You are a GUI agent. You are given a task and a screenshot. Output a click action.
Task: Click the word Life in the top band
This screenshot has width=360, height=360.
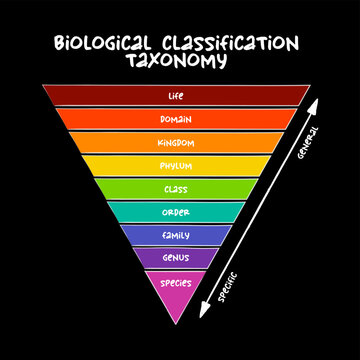coord(176,97)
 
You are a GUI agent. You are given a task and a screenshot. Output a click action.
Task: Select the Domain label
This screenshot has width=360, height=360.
coord(176,120)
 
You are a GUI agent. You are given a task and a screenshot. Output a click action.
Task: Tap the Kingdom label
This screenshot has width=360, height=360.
coord(176,142)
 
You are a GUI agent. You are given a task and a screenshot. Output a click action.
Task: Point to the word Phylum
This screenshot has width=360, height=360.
coord(176,165)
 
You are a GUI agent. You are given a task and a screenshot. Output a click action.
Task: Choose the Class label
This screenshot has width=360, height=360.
coord(176,188)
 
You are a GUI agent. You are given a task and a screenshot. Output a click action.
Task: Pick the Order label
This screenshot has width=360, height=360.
coord(176,211)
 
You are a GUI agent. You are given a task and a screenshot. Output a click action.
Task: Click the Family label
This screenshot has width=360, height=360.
coord(176,235)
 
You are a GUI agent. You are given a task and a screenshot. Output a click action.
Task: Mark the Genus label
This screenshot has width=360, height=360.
coord(176,258)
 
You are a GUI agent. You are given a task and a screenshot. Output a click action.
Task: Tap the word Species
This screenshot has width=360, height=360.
coord(176,282)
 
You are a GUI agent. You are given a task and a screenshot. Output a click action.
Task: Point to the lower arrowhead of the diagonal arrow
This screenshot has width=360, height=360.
coord(204,312)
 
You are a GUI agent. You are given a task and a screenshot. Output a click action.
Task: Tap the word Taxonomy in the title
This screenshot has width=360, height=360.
coord(176,60)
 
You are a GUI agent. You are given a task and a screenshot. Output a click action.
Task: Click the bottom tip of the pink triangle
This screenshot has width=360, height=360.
coord(176,322)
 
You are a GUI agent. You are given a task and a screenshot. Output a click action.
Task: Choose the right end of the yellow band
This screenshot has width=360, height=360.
coord(269,165)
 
